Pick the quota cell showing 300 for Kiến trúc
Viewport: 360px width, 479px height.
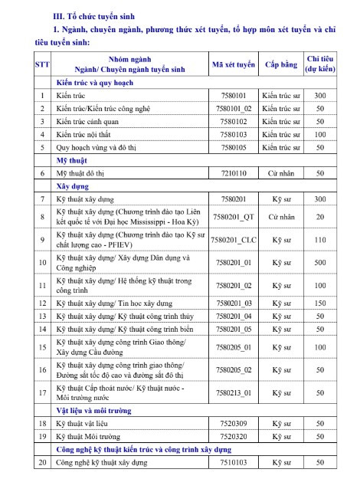click(x=320, y=96)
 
